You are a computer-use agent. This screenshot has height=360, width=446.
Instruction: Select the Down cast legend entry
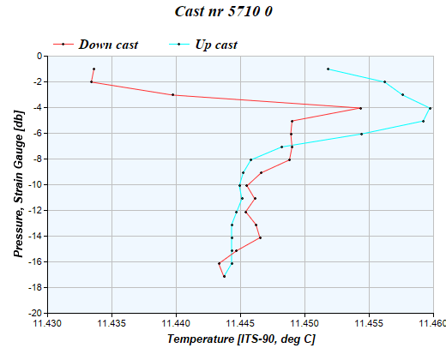point(108,44)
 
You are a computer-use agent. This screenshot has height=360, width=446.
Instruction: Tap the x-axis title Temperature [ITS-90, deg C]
point(240,340)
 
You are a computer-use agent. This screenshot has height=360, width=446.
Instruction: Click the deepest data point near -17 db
point(224,276)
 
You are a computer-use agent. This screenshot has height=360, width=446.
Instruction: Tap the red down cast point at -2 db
point(91,82)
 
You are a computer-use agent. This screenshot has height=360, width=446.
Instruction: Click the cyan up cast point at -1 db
point(328,69)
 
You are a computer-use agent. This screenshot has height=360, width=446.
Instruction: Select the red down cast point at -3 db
point(173,95)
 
